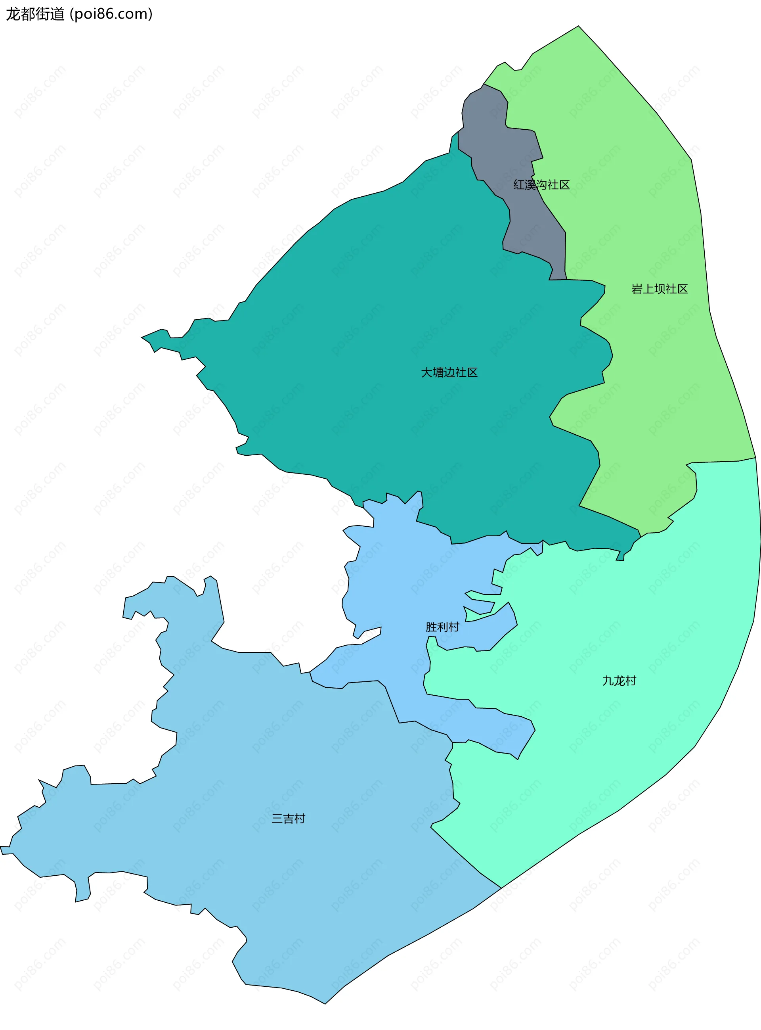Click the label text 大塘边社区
pos(449,372)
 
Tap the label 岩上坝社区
pos(659,289)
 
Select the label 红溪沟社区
pos(541,185)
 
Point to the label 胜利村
pos(442,627)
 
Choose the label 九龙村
pos(619,681)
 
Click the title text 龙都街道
pos(35,14)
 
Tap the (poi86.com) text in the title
pos(111,14)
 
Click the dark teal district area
pos(392,299)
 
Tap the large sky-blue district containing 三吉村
pos(276,876)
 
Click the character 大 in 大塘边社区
pos(426,372)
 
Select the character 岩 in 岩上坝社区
pos(637,289)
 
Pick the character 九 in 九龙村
pos(608,681)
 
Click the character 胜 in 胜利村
pos(431,627)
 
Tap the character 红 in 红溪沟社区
pos(519,185)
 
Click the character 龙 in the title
pos(12,14)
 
